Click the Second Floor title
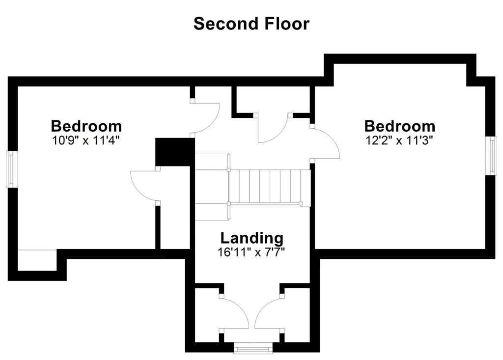pos(251,24)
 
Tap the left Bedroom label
pos(86,126)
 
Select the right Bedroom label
pos(400,126)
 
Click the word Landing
pos(252,238)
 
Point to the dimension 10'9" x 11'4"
pos(86,140)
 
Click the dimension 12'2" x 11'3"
pos(399,140)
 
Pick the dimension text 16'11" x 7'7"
pos(251,252)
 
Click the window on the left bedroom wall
pos(12,169)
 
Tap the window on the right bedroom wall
pos(491,156)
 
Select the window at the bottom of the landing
pos(253,348)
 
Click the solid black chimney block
pos(175,152)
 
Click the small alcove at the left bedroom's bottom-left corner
pos(37,260)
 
